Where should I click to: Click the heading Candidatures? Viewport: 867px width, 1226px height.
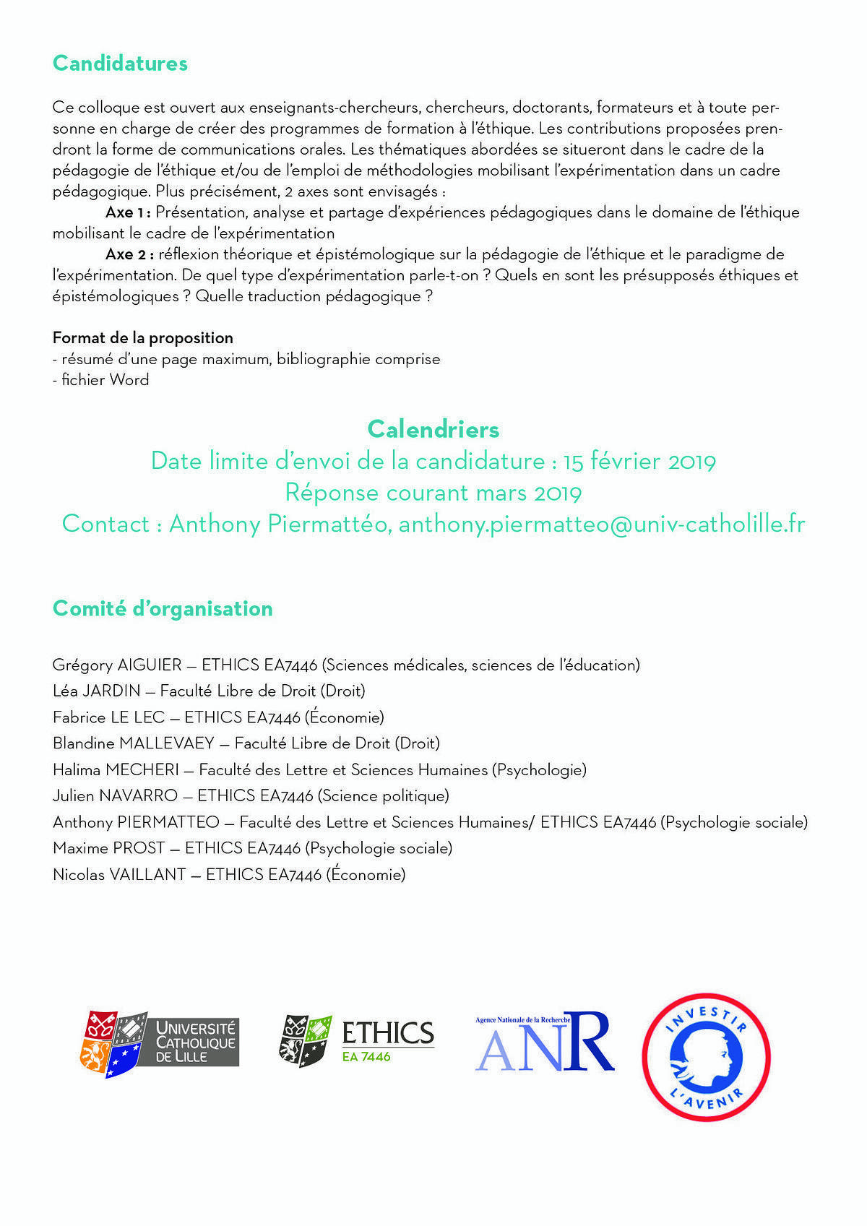tap(120, 64)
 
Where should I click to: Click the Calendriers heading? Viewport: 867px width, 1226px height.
tap(433, 429)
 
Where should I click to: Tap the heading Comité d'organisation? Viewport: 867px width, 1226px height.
tap(163, 608)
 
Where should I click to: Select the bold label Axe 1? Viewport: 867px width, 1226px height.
tap(127, 212)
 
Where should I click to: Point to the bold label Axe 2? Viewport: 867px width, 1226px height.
tap(129, 254)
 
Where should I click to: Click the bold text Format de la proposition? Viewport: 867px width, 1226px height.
tap(143, 337)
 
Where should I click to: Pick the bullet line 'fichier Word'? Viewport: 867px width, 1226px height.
tap(101, 380)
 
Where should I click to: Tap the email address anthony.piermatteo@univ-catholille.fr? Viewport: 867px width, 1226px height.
tap(601, 524)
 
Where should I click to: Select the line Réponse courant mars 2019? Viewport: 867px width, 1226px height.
tap(433, 493)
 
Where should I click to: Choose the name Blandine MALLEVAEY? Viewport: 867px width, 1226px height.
tap(134, 743)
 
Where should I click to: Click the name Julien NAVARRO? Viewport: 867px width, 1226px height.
tap(115, 795)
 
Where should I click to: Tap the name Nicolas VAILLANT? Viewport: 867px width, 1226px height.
tap(119, 874)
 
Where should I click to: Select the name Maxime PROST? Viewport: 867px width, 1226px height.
tap(109, 847)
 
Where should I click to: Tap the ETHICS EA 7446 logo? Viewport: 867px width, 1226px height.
tap(357, 1040)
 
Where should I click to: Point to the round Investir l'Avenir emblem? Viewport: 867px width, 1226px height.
tap(706, 1056)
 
